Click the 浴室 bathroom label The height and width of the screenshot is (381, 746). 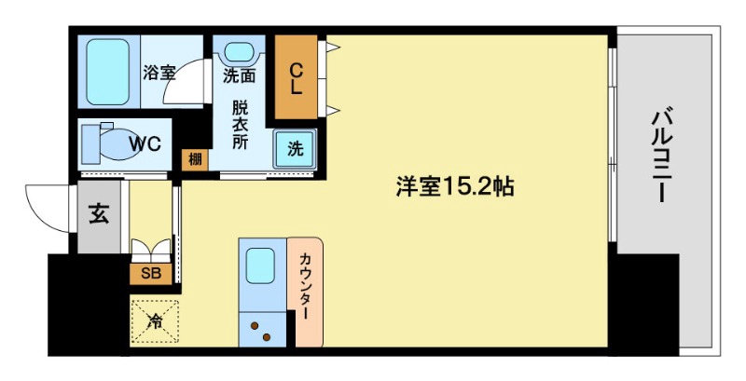159,73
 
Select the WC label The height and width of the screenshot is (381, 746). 145,143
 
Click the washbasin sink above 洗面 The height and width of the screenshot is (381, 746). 241,52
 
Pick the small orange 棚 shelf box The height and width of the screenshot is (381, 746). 194,158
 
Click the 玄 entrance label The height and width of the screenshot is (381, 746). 98,213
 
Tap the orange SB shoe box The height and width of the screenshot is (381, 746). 150,273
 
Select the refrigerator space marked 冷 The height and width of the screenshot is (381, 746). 154,322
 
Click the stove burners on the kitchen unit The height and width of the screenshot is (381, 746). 260,331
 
